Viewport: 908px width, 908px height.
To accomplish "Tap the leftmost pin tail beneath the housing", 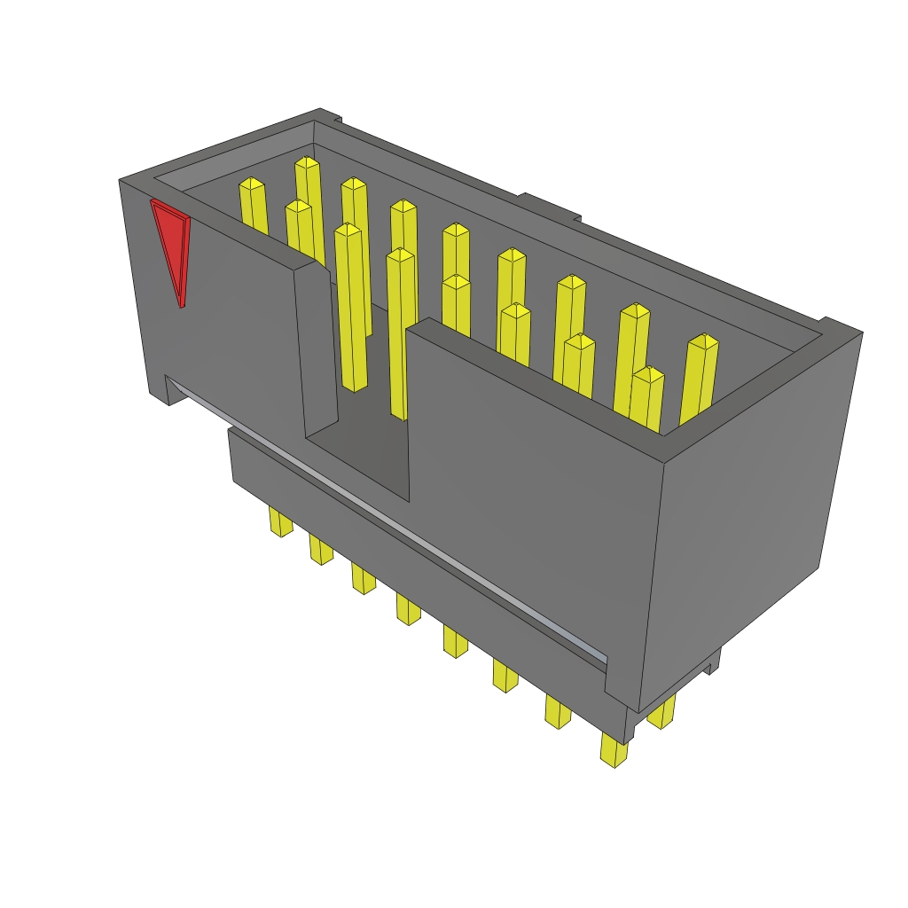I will click(x=280, y=522).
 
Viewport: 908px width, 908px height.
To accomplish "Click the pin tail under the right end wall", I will click(x=661, y=712).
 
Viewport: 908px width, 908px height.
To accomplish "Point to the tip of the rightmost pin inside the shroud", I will click(x=703, y=341).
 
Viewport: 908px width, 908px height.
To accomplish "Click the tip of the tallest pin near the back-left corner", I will click(x=307, y=164).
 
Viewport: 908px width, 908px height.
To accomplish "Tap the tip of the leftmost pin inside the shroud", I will click(x=252, y=184).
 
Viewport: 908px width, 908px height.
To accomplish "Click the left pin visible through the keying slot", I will click(x=350, y=310).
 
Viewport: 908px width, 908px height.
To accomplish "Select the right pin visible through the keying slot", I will click(x=401, y=337).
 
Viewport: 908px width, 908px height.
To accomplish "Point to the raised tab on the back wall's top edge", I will click(x=550, y=207).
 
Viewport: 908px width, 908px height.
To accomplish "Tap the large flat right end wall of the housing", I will click(x=754, y=497).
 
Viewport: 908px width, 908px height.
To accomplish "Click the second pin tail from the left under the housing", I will click(x=321, y=550).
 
